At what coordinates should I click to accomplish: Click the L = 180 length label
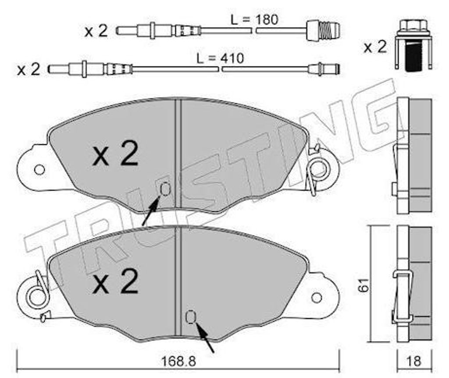[255, 20]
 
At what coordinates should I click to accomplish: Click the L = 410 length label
[220, 58]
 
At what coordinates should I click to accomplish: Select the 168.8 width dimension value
[179, 361]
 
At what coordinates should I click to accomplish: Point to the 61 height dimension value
[364, 285]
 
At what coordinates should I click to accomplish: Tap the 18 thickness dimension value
[414, 361]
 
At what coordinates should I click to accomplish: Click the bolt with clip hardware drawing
[414, 45]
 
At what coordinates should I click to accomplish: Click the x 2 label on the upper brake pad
[116, 153]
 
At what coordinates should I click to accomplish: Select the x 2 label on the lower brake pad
[116, 281]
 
